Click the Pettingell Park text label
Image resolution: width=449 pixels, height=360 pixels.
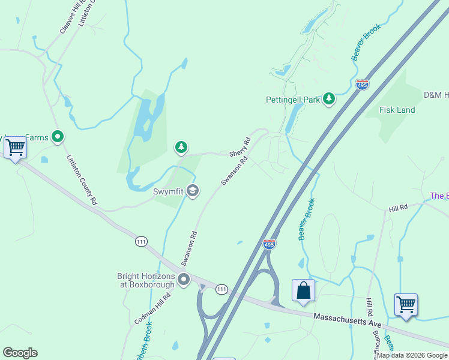point(293,100)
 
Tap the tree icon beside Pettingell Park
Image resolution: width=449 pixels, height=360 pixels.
point(328,98)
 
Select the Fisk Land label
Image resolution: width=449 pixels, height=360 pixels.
point(397,110)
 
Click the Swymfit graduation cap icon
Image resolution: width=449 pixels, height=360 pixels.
point(193,191)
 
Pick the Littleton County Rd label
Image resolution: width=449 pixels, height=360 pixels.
point(82,180)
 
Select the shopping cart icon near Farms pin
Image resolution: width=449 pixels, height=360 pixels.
point(15,147)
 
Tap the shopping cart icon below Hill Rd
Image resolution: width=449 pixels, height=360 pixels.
point(406,304)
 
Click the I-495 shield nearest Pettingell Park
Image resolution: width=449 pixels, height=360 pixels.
point(362,85)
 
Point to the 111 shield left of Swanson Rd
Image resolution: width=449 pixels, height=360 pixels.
point(141,241)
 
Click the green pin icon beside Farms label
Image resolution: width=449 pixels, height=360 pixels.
point(58,137)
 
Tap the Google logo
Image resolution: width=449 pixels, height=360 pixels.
point(20,353)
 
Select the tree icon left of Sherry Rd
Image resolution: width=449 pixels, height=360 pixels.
point(181,146)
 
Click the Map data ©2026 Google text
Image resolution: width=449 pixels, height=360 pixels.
point(412,355)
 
